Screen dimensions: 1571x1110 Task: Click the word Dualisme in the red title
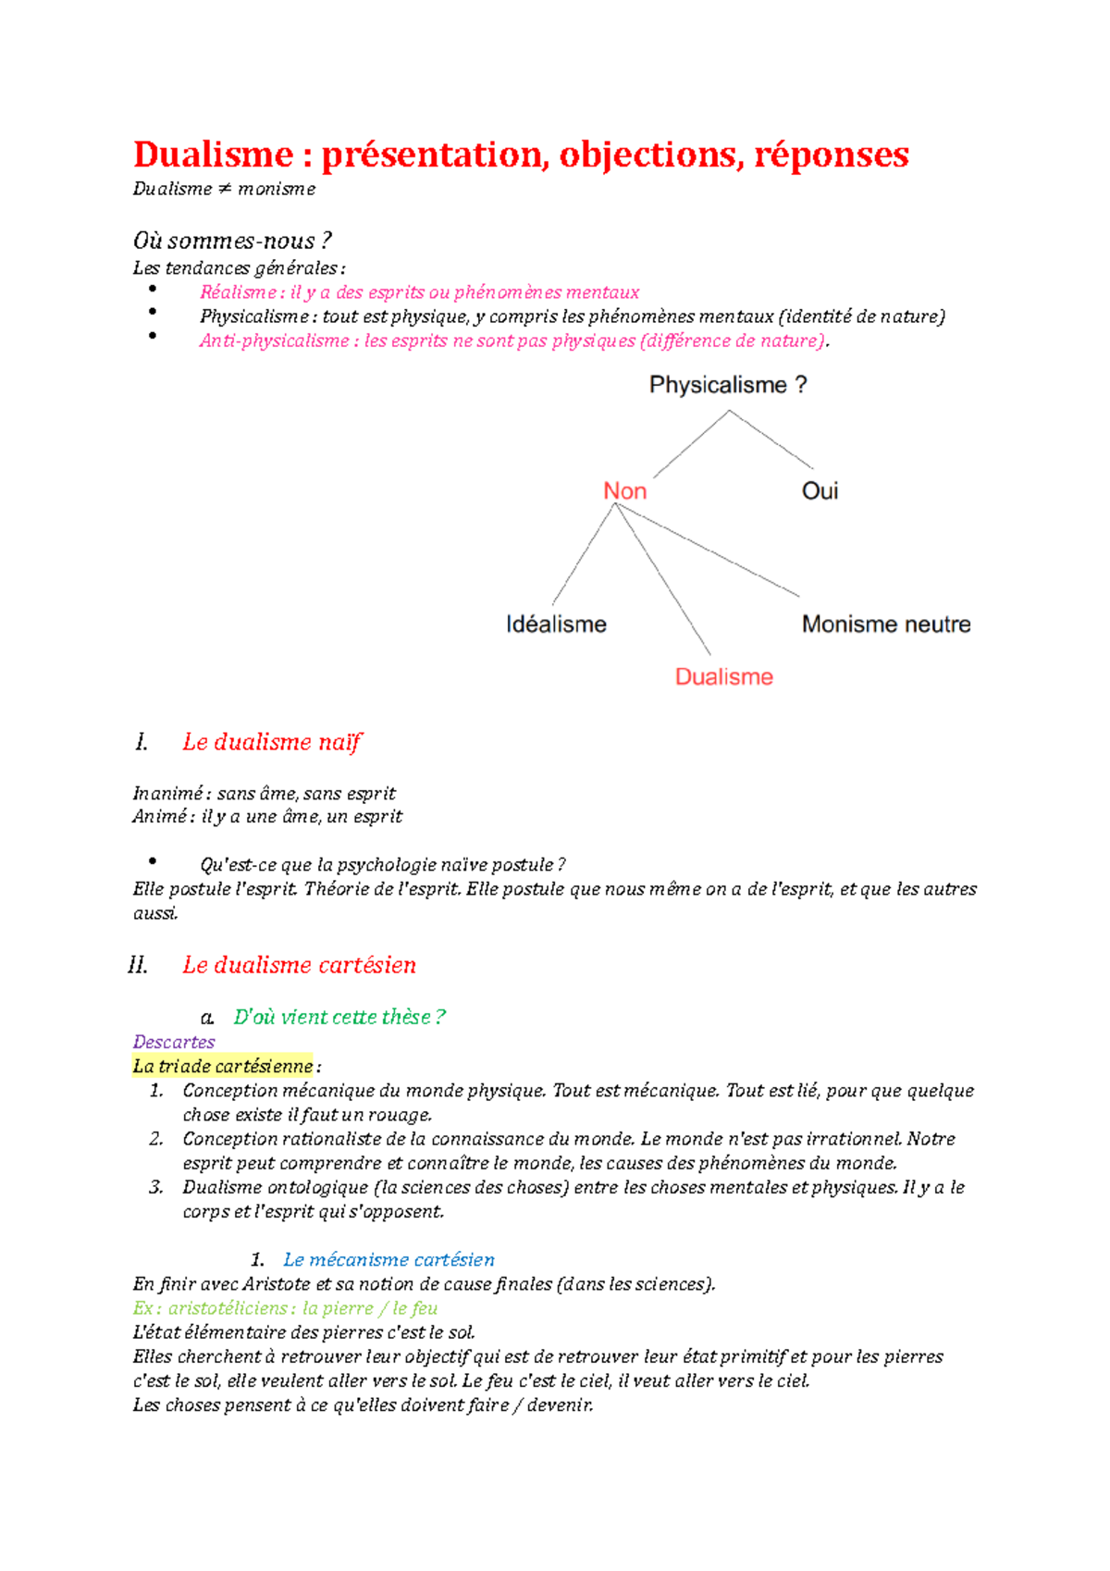pos(214,155)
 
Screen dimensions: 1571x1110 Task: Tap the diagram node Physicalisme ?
pos(728,385)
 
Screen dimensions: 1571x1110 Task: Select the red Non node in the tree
pos(624,491)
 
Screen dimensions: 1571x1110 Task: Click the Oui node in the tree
pos(820,491)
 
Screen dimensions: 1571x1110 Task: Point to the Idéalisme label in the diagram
pos(556,625)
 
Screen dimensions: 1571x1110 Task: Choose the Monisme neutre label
pos(886,625)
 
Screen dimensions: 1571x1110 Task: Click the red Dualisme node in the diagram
pos(723,677)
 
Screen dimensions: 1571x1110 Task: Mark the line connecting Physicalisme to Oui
pos(772,439)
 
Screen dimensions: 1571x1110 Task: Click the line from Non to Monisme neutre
pos(708,550)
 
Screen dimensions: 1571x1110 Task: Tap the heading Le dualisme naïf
pos(272,742)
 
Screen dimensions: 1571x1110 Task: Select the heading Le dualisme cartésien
pos(299,965)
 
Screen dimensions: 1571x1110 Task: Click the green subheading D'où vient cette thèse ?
pos(339,1017)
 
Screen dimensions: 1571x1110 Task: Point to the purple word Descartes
pos(174,1042)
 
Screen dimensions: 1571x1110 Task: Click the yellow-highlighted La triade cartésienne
pos(223,1066)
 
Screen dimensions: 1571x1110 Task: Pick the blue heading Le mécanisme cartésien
pos(388,1259)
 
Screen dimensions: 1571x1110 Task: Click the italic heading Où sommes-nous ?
pos(232,241)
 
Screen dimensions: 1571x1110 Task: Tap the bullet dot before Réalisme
pos(153,290)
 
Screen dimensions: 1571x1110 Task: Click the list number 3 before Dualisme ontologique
pos(155,1187)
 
